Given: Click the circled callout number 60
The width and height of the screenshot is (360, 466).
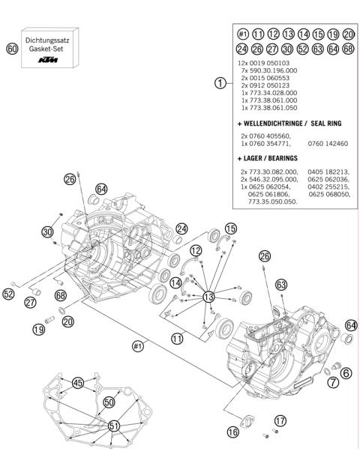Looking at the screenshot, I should click(11, 48).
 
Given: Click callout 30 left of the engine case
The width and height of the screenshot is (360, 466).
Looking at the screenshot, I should click(48, 232).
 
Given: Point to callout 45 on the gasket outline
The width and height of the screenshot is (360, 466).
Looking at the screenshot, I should click(78, 383).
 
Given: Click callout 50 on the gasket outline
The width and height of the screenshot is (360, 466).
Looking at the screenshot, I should click(109, 402).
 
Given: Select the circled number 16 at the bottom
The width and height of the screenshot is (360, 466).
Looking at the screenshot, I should click(233, 432).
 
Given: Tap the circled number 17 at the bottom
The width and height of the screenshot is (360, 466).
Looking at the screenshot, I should click(280, 420).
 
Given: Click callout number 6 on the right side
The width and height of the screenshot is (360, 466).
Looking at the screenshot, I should click(346, 372).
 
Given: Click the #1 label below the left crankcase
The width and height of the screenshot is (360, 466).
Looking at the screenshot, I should click(137, 345).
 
